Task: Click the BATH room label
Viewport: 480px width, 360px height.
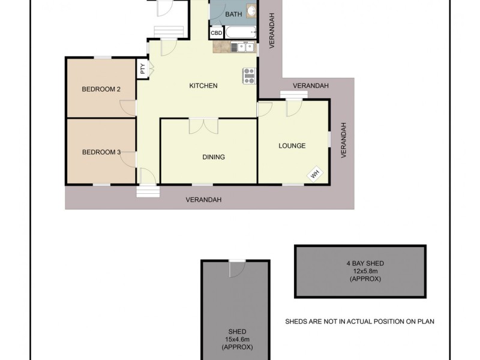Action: click(x=233, y=14)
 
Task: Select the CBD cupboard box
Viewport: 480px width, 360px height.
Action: click(x=216, y=33)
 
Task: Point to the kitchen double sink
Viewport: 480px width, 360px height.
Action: click(x=243, y=46)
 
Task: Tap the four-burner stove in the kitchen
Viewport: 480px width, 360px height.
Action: click(x=249, y=75)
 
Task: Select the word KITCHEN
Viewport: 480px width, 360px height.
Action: click(x=203, y=86)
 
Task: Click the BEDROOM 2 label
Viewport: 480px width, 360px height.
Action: click(x=101, y=89)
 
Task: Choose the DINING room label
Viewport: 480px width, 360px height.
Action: click(x=213, y=157)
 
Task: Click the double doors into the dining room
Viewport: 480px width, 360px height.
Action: click(x=203, y=126)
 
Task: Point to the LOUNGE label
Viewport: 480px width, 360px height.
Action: click(x=292, y=146)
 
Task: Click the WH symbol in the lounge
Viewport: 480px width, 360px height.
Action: click(x=314, y=174)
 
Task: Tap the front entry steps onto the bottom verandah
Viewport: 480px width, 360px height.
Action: click(x=148, y=191)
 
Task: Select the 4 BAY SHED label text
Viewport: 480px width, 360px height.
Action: click(x=360, y=263)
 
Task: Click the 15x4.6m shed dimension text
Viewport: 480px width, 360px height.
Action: click(x=236, y=340)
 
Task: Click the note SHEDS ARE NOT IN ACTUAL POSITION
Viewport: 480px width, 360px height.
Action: click(x=359, y=322)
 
